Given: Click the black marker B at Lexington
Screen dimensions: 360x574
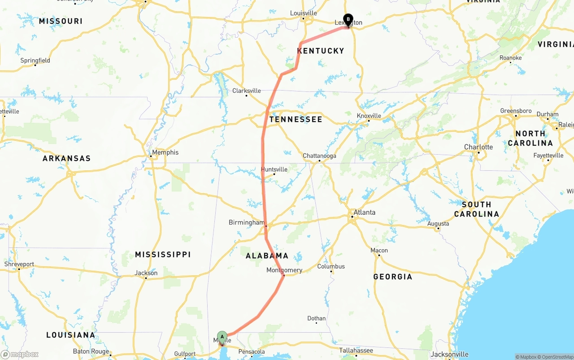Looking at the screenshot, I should tap(348, 20).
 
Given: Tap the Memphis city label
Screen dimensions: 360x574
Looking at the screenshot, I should tap(165, 152).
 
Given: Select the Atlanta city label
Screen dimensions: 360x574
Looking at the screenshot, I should tap(364, 213).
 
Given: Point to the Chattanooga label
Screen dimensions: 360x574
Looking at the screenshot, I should tap(319, 156).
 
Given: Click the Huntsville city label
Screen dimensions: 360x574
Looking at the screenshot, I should tap(274, 169).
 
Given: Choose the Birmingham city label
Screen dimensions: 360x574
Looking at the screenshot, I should tap(247, 222).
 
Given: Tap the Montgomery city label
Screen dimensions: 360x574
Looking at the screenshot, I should tap(284, 270).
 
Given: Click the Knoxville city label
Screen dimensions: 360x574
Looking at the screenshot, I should tap(369, 116).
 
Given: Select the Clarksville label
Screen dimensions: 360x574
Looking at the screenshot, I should tap(246, 91).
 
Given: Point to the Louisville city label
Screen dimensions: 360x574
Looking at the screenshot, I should tap(304, 13).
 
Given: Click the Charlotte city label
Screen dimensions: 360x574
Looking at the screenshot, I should tap(478, 147).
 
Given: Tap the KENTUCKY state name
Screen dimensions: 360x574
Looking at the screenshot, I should tap(321, 51).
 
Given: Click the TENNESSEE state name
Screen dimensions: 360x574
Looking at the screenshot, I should tap(296, 119).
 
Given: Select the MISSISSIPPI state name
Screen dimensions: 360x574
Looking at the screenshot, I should tap(163, 255).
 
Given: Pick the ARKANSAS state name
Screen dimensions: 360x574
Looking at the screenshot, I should tap(66, 158).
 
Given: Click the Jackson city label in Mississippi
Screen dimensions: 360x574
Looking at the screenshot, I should tap(146, 273).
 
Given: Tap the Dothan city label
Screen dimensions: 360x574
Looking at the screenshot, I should tap(317, 318).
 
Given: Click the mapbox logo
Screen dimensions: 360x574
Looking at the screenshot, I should tap(20, 354).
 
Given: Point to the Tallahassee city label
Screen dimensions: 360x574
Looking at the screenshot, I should tap(357, 350).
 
